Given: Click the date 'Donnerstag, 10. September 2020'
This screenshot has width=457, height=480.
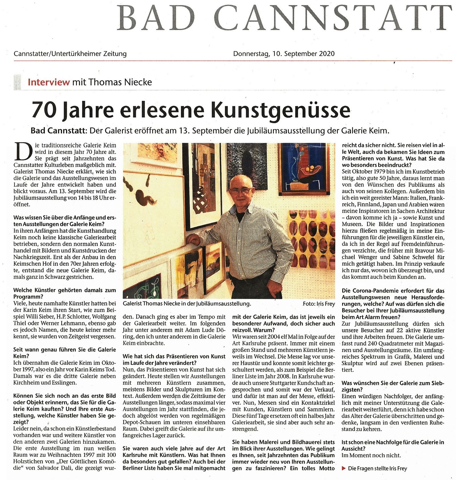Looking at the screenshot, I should (284, 54).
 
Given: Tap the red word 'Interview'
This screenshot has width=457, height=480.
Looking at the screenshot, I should (49, 82).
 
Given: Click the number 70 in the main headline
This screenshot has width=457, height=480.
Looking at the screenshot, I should (43, 110).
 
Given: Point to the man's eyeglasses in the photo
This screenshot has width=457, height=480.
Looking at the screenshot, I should (241, 190).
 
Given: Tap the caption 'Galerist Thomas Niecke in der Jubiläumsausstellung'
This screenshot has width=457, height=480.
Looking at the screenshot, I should (187, 304).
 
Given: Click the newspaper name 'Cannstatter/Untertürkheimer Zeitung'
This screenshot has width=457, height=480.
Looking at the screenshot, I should (70, 54).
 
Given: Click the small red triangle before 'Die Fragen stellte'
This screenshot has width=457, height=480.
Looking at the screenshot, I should (344, 468).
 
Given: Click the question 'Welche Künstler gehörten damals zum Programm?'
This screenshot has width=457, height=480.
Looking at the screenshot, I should (65, 293).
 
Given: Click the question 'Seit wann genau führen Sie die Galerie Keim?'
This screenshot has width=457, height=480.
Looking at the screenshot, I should (65, 353).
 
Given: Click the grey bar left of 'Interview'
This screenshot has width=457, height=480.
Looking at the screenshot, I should (18, 82).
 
